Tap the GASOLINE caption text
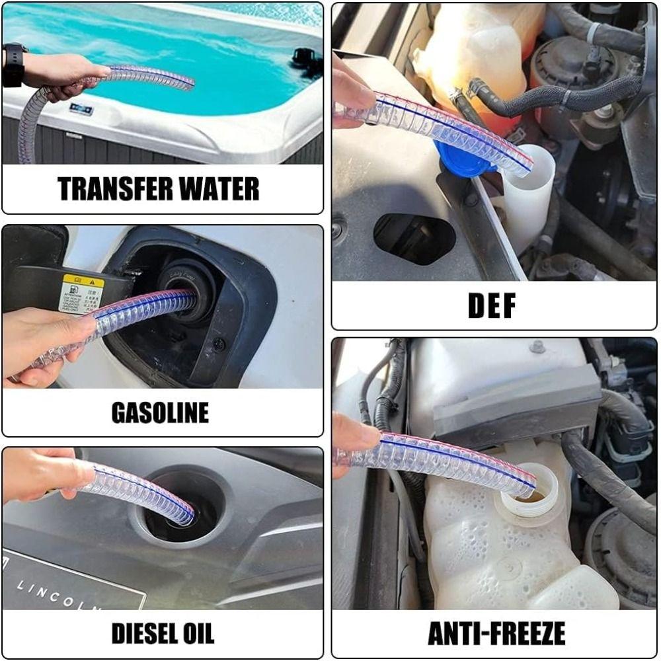160,412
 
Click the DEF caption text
492,305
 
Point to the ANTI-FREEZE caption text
496,633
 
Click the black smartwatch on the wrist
13,65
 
